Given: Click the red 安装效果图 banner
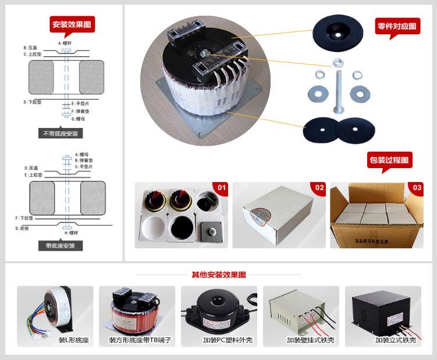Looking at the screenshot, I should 72,24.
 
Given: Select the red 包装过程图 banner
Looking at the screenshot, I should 389,159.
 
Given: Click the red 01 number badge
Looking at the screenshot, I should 221,188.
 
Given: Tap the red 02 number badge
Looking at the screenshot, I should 319,188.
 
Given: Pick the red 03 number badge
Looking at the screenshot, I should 417,188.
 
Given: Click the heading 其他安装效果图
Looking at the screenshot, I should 219,275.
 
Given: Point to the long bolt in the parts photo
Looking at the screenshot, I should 336,87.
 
